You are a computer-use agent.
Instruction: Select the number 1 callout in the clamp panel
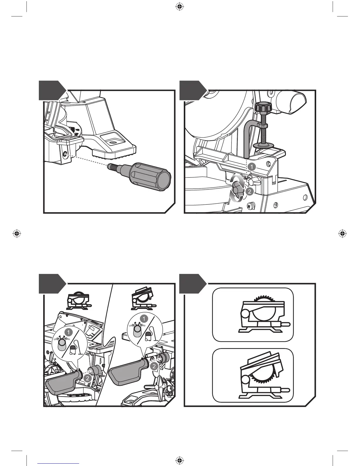point(251,167)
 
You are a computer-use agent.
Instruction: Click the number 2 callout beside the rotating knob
point(249,192)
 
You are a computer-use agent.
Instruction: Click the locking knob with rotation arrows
point(237,189)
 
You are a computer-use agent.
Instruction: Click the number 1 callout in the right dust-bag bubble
point(144,319)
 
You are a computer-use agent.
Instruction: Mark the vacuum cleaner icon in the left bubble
point(73,350)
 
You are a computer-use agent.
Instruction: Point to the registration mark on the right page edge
point(342,234)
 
